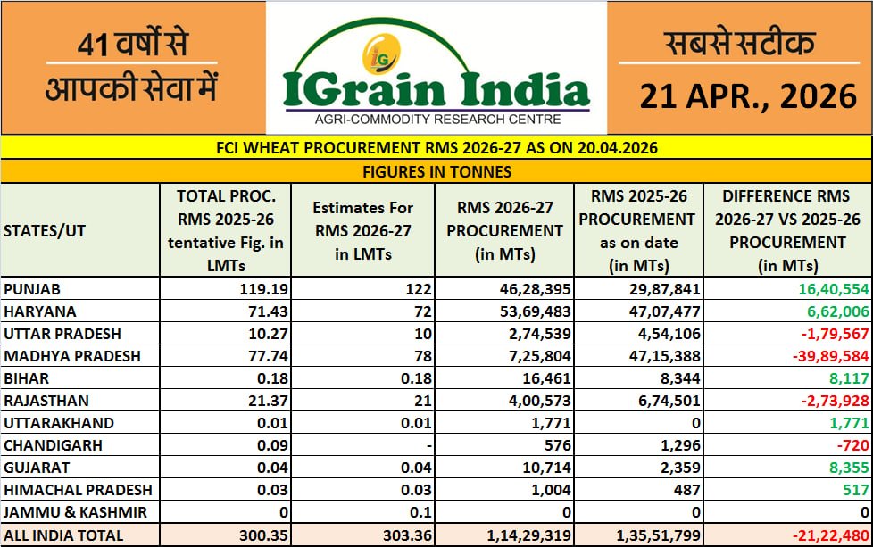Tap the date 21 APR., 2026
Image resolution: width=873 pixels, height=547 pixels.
747,95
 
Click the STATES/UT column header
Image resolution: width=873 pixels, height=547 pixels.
45,230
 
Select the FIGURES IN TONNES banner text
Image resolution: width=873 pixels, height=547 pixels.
436,171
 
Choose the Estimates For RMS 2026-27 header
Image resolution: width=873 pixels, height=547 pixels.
362,230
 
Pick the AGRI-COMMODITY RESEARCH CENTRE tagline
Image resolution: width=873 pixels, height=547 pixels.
436,120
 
